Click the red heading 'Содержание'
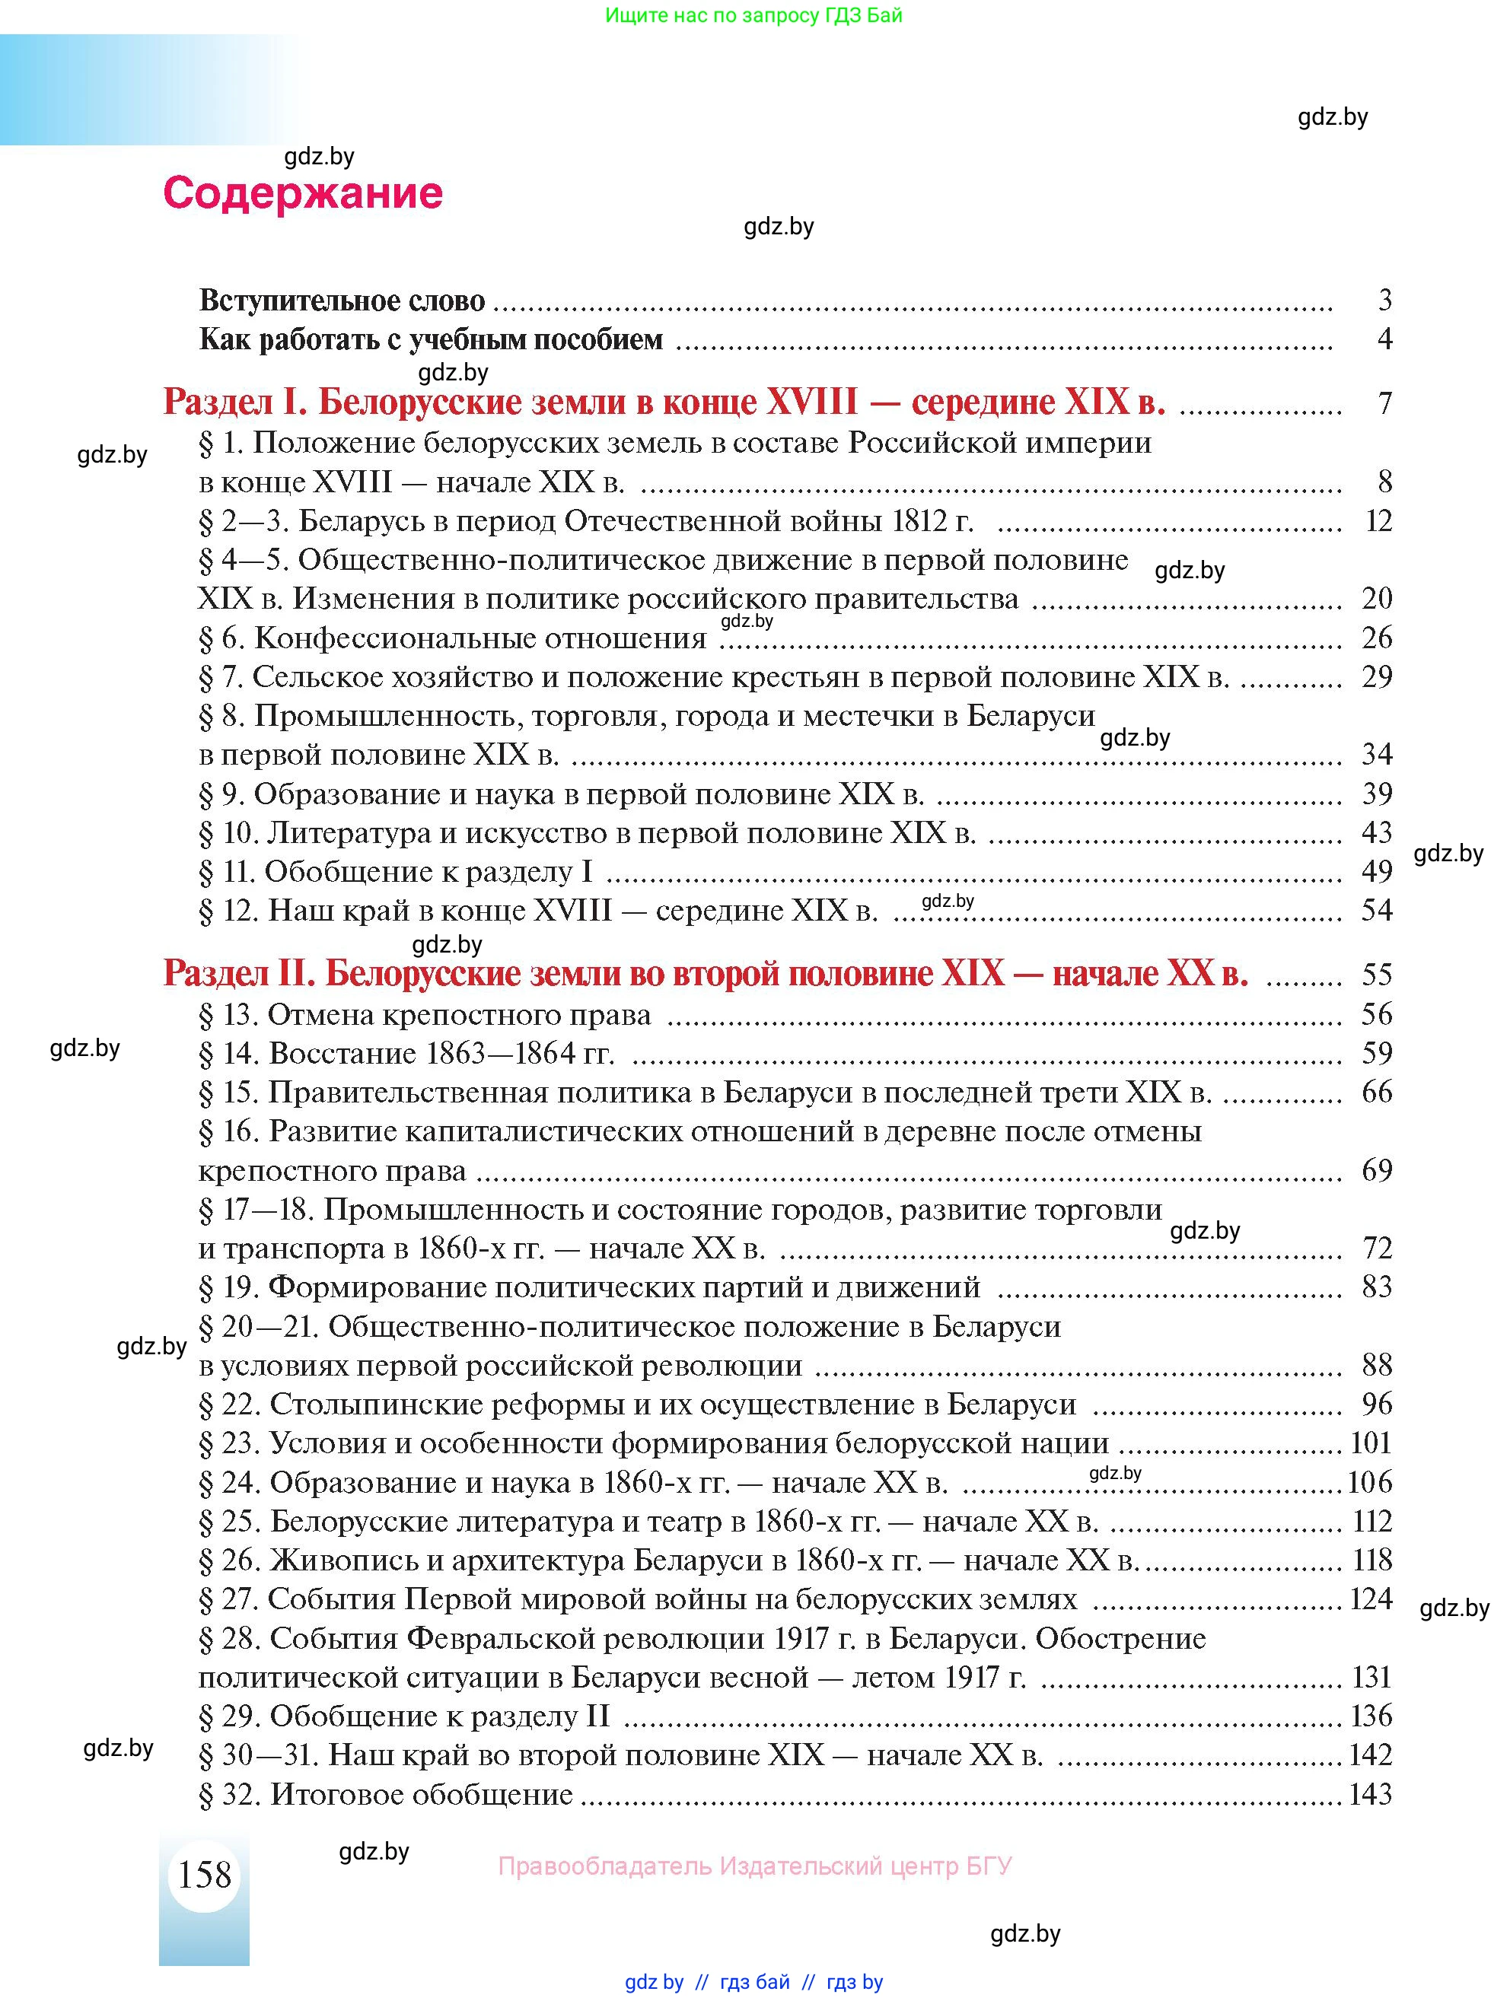pyautogui.click(x=302, y=192)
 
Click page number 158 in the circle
pyautogui.click(x=205, y=1873)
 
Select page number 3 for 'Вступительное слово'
pyautogui.click(x=1384, y=300)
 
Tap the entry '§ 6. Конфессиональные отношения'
pyautogui.click(x=452, y=638)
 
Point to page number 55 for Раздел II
pyautogui.click(x=1376, y=975)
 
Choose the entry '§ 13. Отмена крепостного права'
pyautogui.click(x=425, y=1014)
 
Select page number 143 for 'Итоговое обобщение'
pyautogui.click(x=1370, y=1794)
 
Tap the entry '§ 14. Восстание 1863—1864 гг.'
pyautogui.click(x=406, y=1053)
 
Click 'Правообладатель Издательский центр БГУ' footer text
pyautogui.click(x=754, y=1866)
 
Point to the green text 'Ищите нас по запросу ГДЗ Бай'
pyautogui.click(x=753, y=15)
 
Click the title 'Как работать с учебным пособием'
pyautogui.click(x=431, y=339)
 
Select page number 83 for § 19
pyautogui.click(x=1376, y=1287)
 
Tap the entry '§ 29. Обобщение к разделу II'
pyautogui.click(x=403, y=1716)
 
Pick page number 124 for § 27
pyautogui.click(x=1370, y=1599)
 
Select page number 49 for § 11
pyautogui.click(x=1376, y=871)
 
